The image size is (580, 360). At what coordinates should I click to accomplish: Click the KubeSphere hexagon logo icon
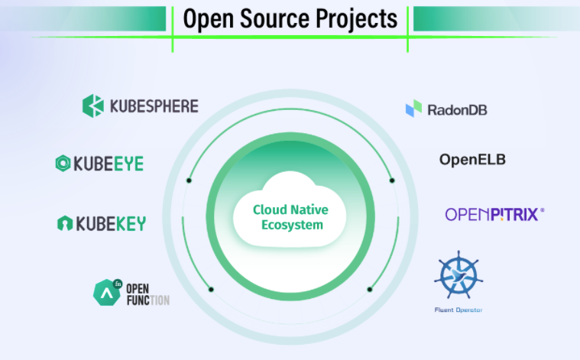[x=92, y=105]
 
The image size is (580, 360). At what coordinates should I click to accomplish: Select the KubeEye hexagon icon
[x=63, y=163]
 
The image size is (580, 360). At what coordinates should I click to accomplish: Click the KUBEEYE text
[x=109, y=164]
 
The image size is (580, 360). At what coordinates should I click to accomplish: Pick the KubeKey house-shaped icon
[x=65, y=223]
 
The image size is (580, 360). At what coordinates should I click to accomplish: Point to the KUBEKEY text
[x=110, y=223]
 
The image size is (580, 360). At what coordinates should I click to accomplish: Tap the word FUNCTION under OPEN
[x=147, y=300]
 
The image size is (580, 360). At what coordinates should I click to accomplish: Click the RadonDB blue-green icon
[x=413, y=109]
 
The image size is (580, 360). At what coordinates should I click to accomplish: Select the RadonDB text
[x=458, y=109]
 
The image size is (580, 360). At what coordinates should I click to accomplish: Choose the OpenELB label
[x=472, y=160]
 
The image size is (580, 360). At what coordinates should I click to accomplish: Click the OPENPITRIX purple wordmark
[x=493, y=214]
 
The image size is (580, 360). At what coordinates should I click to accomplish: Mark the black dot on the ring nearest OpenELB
[x=392, y=180]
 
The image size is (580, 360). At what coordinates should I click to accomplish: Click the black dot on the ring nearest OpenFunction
[x=211, y=289]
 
